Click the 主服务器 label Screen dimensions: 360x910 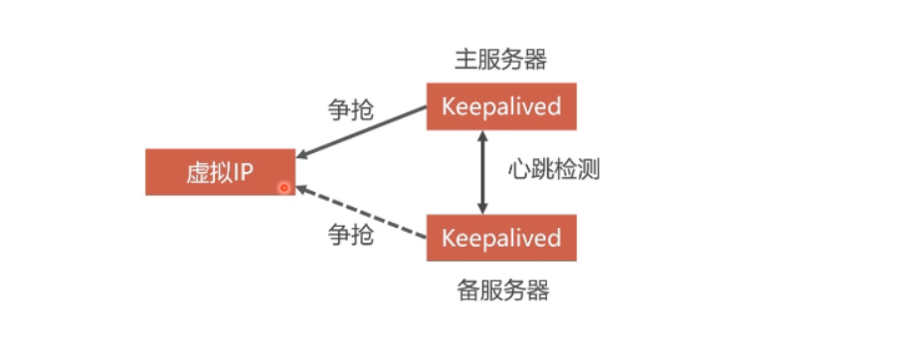point(500,60)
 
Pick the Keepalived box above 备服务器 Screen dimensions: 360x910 point(500,238)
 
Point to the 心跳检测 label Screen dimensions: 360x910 point(553,170)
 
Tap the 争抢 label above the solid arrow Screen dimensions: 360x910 point(350,109)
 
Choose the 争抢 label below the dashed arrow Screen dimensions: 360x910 point(350,235)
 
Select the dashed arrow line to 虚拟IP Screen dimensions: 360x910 point(363,213)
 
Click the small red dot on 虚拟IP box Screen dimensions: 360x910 point(283,187)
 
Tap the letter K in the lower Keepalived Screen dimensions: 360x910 point(448,238)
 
